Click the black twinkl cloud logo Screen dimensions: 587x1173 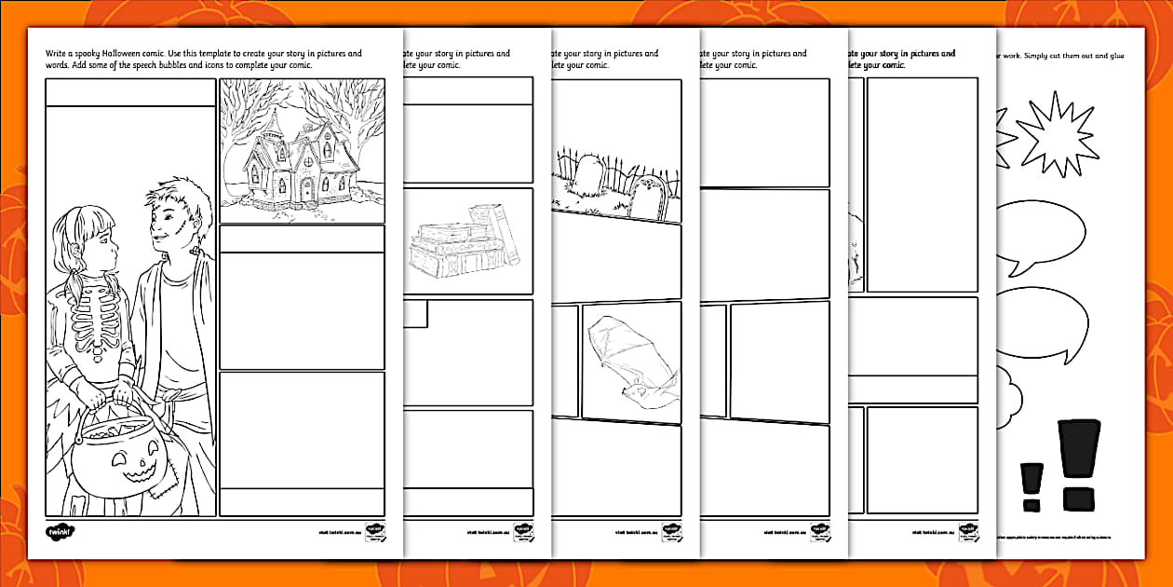pyautogui.click(x=59, y=532)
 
